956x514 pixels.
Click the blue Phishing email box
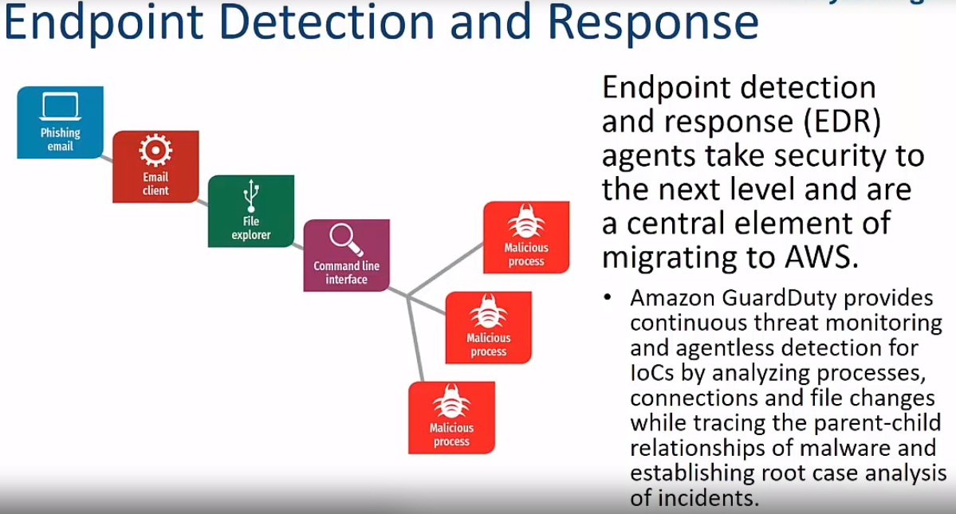pos(60,122)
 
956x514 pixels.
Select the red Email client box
pos(155,167)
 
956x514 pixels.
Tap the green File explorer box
pos(251,211)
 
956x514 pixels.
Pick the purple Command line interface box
pos(347,255)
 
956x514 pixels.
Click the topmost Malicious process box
pos(526,237)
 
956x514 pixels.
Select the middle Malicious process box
pos(488,328)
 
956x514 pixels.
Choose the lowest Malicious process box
pos(451,418)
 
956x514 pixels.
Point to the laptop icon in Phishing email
pos(61,107)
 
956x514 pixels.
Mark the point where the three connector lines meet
pos(408,297)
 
